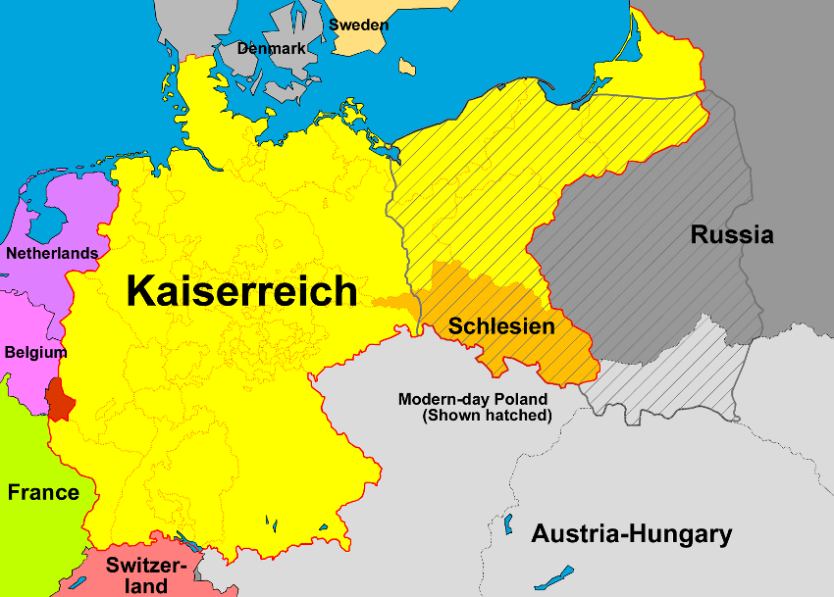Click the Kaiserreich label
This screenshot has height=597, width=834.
(241, 291)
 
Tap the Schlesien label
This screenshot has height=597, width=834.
(501, 326)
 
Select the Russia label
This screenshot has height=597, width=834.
(732, 235)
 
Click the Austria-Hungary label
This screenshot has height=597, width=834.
(632, 534)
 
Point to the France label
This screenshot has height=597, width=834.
(43, 492)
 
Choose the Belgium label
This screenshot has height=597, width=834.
(35, 352)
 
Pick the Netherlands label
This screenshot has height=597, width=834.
(52, 253)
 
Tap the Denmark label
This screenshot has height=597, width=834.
(271, 47)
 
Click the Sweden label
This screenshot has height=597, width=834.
(358, 25)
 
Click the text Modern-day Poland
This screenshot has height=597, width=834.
(473, 399)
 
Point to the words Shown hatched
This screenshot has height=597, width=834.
(488, 416)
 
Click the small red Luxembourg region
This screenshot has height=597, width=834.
(58, 400)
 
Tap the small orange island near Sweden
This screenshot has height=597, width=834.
(406, 66)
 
